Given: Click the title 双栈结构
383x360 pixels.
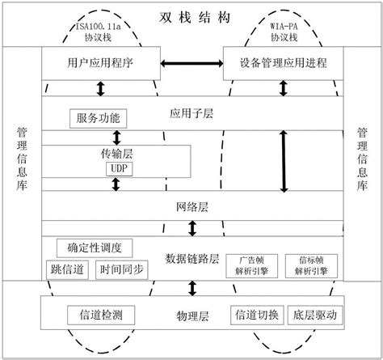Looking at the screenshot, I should click(x=191, y=16).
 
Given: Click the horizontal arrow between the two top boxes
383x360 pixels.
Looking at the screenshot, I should click(x=191, y=62).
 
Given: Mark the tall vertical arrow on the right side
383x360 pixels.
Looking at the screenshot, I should click(x=284, y=162).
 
